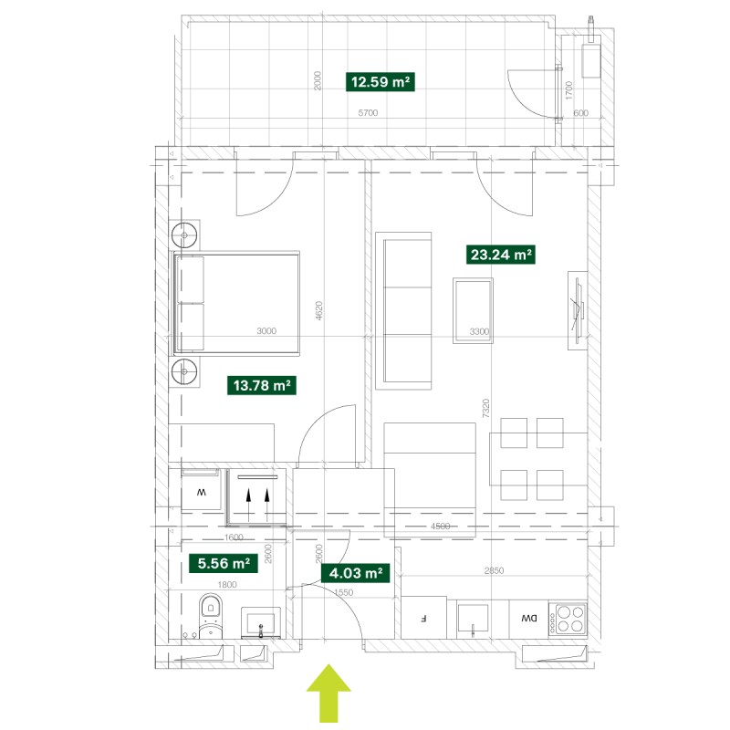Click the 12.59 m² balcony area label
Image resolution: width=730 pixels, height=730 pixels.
point(380,82)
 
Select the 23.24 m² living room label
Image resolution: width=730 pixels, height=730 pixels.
point(500,255)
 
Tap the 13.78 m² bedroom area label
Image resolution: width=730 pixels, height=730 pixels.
point(262,385)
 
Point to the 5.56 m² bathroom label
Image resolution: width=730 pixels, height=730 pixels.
point(224,563)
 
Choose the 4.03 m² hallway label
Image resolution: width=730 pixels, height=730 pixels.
point(355,573)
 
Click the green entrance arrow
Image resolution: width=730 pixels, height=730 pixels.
point(328,693)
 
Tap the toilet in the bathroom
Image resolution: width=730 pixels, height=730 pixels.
point(211,616)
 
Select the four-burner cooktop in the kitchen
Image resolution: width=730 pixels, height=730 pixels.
point(568,620)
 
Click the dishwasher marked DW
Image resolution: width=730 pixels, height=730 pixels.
point(529,619)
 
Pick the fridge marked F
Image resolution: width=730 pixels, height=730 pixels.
point(423,618)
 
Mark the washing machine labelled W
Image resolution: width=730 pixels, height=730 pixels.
point(201,490)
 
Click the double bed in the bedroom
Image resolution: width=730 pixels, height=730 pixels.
point(236,303)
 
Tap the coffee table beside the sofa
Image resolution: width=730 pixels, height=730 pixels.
point(473,310)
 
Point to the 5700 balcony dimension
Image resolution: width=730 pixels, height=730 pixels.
point(368,112)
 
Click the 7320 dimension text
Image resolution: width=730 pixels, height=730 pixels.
point(485,408)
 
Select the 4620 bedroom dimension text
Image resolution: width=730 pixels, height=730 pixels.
point(318,310)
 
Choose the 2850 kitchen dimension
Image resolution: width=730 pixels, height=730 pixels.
point(494,570)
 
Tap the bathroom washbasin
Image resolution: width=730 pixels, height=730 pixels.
point(261,622)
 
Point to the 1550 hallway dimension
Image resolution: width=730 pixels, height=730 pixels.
point(344,592)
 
